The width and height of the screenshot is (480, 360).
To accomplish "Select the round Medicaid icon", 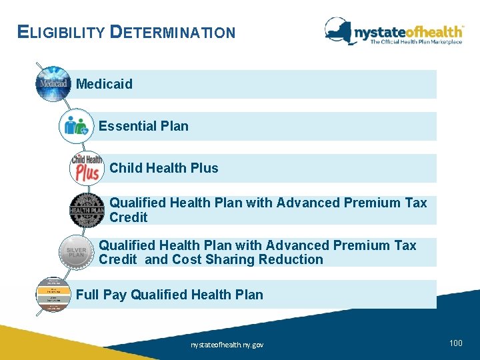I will click(x=53, y=84).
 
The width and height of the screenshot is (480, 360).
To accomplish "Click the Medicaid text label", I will click(x=104, y=84).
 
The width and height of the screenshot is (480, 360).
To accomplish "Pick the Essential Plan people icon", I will click(x=75, y=126).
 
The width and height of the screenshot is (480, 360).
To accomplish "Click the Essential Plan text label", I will click(x=143, y=126).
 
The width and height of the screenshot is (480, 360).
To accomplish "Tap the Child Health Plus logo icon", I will click(x=87, y=168).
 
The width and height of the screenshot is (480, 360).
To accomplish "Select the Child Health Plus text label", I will click(x=163, y=168).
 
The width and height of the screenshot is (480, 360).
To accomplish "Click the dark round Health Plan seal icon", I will click(x=87, y=210).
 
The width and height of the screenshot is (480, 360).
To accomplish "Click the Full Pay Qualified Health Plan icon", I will click(x=53, y=294).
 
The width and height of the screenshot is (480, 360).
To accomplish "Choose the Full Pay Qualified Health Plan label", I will click(x=169, y=295).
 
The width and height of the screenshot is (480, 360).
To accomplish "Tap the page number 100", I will click(x=456, y=343).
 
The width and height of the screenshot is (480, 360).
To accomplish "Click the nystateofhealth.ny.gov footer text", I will click(x=227, y=345).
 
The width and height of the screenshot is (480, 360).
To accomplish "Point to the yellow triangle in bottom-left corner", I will click(x=27, y=344).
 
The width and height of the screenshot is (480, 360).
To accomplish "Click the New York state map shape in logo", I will click(x=339, y=30).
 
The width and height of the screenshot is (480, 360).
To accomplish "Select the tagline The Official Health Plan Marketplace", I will click(x=416, y=42).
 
